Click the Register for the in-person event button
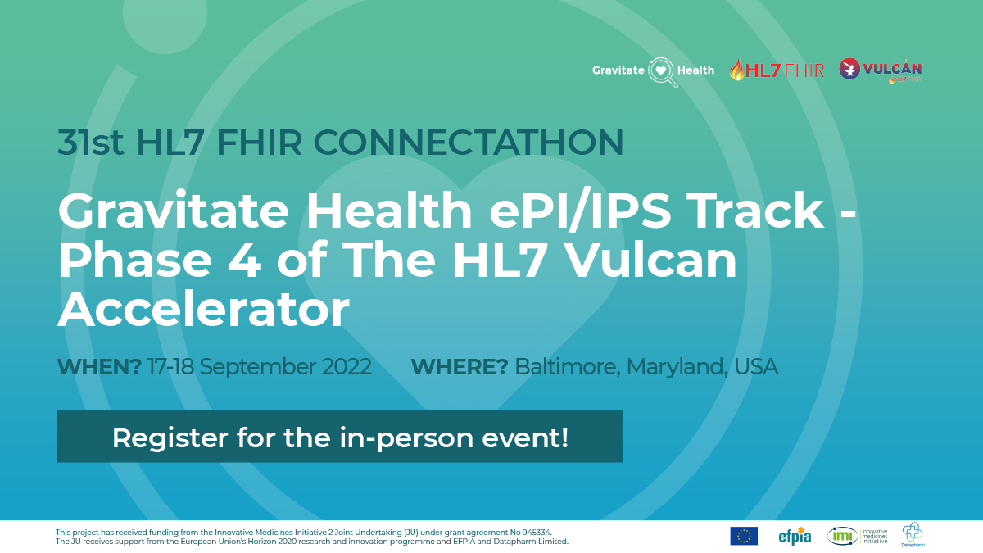coord(339,437)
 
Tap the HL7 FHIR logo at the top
coord(777,70)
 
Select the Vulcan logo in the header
coord(881,70)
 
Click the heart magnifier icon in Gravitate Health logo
coord(663,71)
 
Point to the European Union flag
coord(744,536)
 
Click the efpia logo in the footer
coord(795,536)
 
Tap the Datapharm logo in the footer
coord(913,535)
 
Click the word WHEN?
coord(99,366)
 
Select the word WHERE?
coord(459,366)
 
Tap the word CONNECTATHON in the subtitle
coord(468,143)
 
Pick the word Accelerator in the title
coord(203,310)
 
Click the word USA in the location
coord(756,366)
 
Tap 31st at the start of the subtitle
coord(91,143)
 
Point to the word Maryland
coord(677,366)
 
